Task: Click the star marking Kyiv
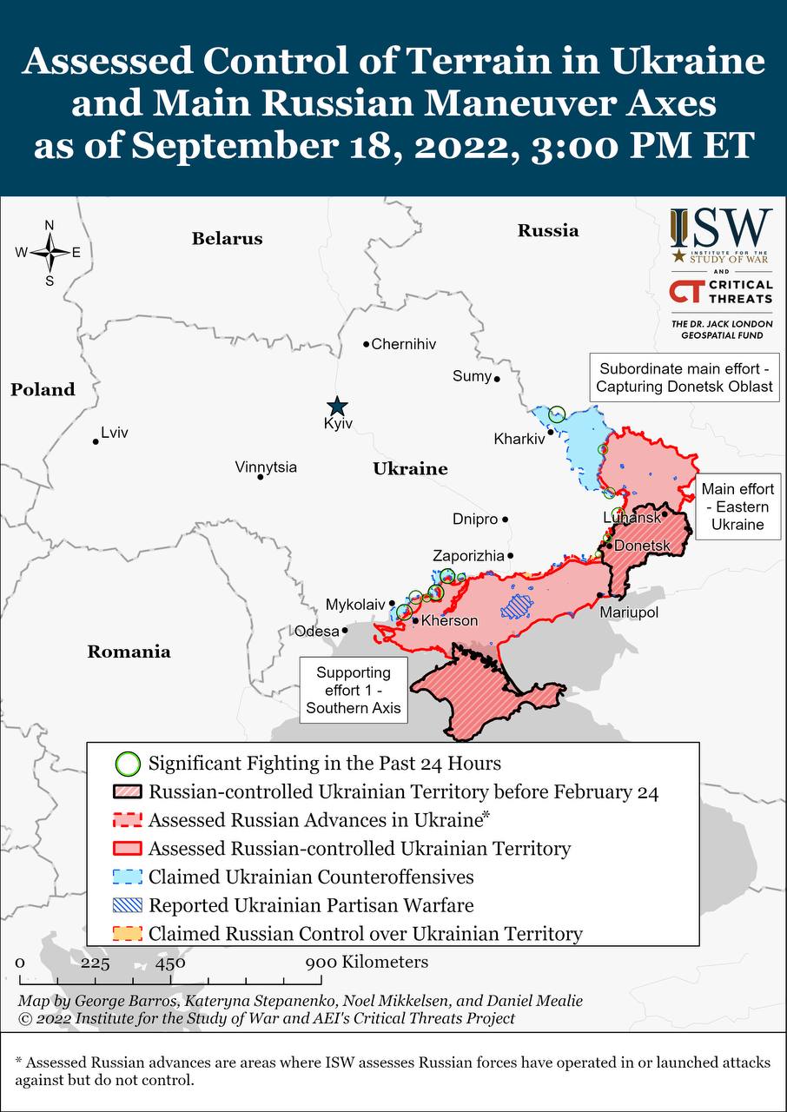[337, 406]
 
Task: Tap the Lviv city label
[114, 432]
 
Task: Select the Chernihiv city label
[403, 344]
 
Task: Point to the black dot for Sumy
[497, 379]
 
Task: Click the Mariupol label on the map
[629, 612]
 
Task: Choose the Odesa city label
[316, 631]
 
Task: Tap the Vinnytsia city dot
[260, 477]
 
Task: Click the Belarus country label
[227, 238]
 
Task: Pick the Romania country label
[129, 652]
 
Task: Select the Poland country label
[43, 389]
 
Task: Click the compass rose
[50, 253]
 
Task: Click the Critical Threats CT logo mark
[686, 291]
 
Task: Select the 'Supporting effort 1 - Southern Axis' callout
[353, 691]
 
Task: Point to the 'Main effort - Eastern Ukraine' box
[737, 506]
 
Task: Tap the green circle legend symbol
[128, 764]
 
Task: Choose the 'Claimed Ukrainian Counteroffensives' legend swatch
[128, 877]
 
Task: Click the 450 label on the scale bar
[170, 963]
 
